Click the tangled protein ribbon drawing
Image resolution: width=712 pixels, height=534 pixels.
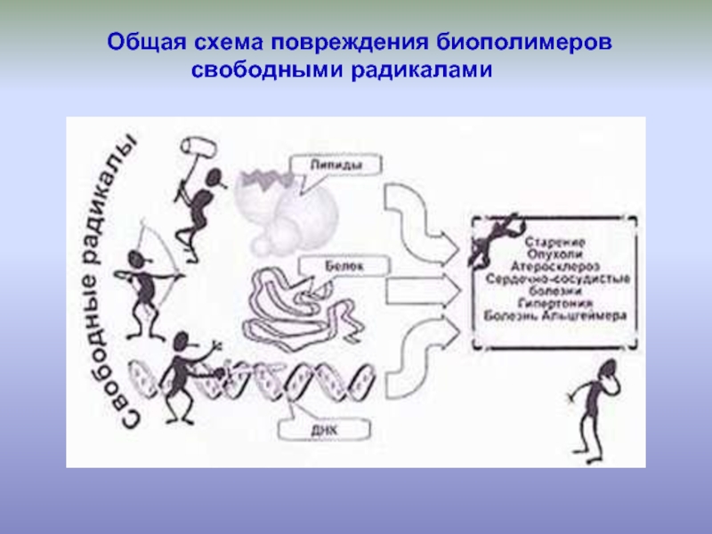298,303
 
